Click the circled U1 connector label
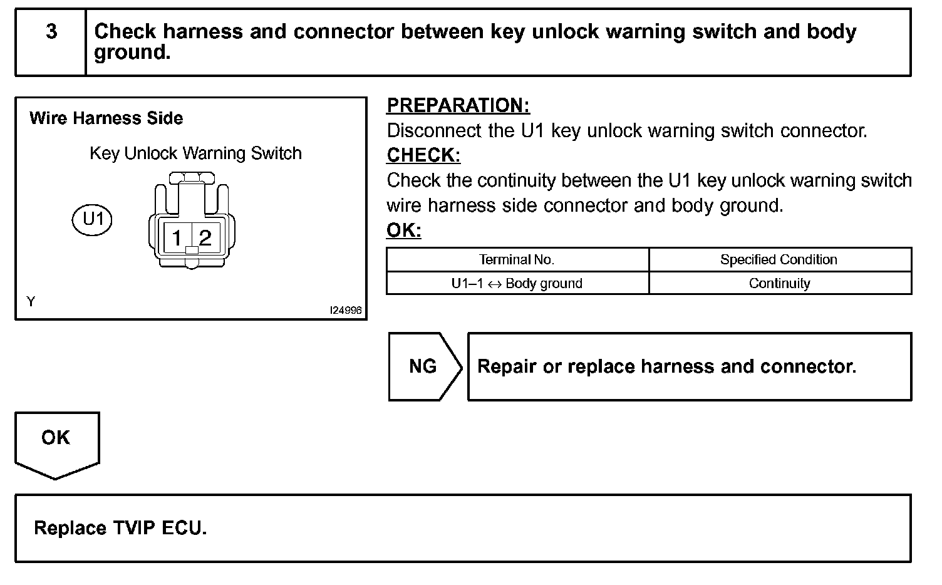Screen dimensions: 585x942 [93, 219]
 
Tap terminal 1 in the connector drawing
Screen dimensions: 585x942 [177, 238]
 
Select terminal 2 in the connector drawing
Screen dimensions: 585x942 [205, 238]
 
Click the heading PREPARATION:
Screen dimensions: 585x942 [458, 105]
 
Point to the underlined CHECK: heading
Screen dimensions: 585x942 [423, 155]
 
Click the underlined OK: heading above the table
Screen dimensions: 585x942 [404, 230]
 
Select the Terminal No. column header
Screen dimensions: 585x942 [517, 259]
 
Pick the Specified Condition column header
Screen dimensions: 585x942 [779, 259]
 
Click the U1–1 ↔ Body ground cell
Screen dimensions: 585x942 [517, 283]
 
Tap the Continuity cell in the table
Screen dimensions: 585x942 [779, 284]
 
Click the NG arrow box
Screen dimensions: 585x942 [424, 366]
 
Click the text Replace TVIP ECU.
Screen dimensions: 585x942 [120, 528]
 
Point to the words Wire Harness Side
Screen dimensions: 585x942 [106, 118]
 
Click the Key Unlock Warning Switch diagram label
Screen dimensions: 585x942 [195, 153]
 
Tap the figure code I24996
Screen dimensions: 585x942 [346, 310]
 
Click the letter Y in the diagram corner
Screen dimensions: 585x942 [31, 302]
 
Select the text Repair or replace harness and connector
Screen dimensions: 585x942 [666, 366]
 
